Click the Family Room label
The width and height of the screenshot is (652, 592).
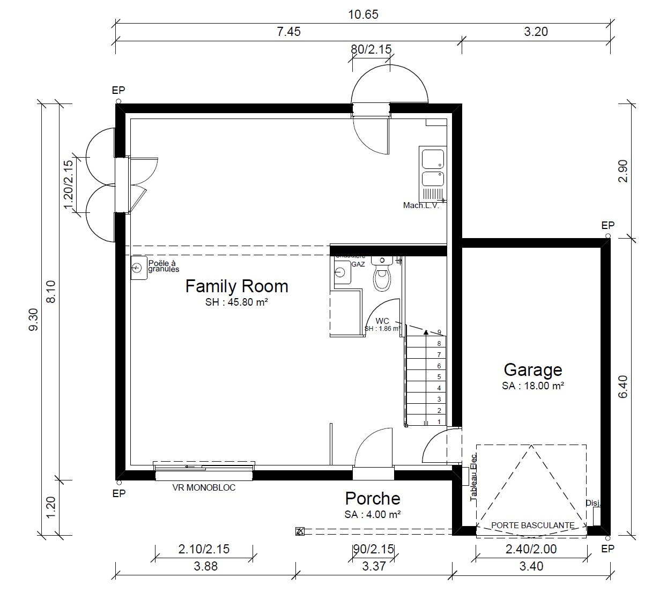pyautogui.click(x=236, y=286)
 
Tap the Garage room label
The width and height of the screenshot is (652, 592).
pyautogui.click(x=532, y=370)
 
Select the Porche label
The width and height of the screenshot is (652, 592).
pyautogui.click(x=372, y=499)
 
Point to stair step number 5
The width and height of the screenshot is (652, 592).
pyautogui.click(x=439, y=377)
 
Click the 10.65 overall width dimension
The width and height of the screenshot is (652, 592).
pyautogui.click(x=363, y=14)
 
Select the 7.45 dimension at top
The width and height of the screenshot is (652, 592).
pyautogui.click(x=288, y=32)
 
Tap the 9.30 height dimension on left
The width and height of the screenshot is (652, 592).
pyautogui.click(x=33, y=320)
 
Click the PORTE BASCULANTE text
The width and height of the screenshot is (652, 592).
pyautogui.click(x=532, y=526)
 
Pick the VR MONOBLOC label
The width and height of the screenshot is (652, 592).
pyautogui.click(x=204, y=488)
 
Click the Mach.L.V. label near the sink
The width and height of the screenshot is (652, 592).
pyautogui.click(x=421, y=205)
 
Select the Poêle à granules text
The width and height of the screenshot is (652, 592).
pyautogui.click(x=163, y=266)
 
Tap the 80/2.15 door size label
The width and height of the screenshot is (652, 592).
pyautogui.click(x=371, y=49)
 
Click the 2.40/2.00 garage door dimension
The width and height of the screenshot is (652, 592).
pyautogui.click(x=531, y=549)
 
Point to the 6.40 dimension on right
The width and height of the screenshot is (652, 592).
pyautogui.click(x=623, y=387)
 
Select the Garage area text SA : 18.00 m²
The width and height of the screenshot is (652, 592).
pyautogui.click(x=532, y=386)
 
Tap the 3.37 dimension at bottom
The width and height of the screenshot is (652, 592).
pyautogui.click(x=374, y=566)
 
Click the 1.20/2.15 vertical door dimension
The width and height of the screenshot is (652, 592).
pyautogui.click(x=68, y=185)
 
